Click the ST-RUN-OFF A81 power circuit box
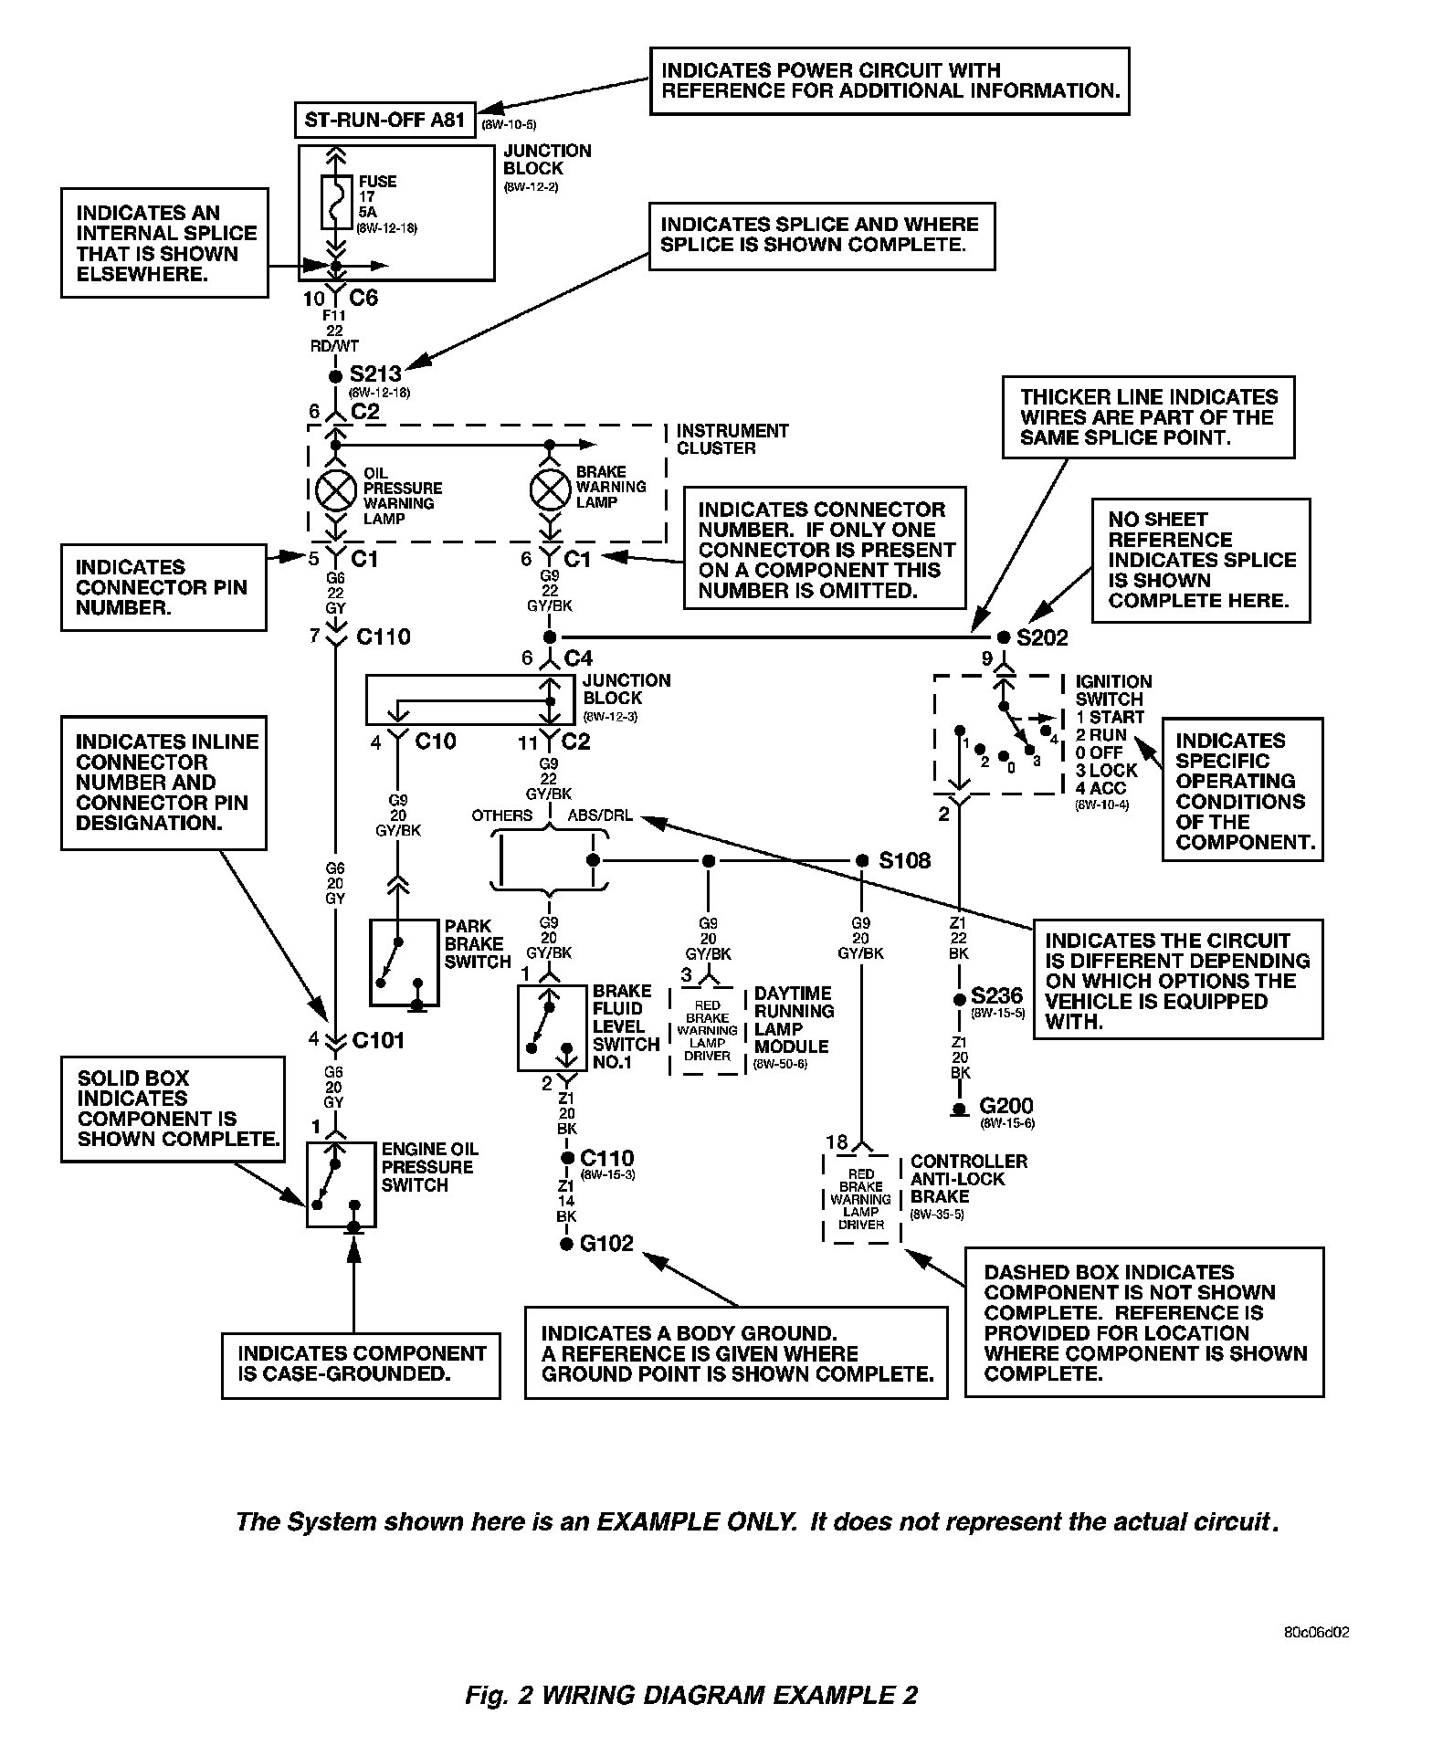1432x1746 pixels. (x=384, y=120)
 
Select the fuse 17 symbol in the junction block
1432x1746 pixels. (x=336, y=201)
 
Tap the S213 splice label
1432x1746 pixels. (x=375, y=374)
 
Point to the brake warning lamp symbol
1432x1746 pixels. (x=550, y=491)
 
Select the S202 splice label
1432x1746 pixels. (x=1042, y=637)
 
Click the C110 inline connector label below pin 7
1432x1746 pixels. (x=383, y=636)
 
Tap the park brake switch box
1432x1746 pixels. (x=405, y=962)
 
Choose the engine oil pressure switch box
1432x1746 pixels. (x=341, y=1184)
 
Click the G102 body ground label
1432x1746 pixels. (x=606, y=1243)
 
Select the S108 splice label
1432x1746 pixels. (x=904, y=860)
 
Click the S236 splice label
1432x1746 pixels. (x=996, y=995)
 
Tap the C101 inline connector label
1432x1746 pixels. (x=377, y=1039)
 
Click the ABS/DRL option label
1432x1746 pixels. (x=600, y=815)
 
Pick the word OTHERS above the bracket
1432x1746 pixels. (x=501, y=815)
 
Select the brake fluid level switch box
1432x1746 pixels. (x=552, y=1027)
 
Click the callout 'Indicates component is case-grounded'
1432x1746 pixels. (x=361, y=1363)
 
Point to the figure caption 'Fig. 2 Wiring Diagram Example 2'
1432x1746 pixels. (x=690, y=1695)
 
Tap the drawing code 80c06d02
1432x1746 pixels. (x=1316, y=1633)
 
